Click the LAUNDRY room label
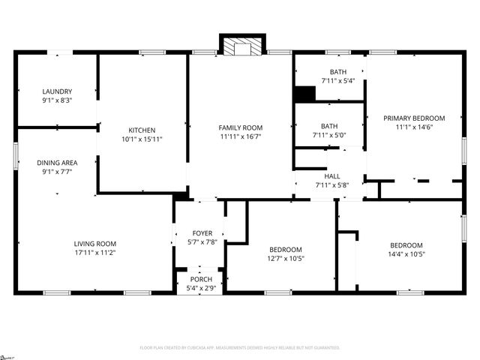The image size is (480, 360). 57,91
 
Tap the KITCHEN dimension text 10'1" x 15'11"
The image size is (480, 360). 142,139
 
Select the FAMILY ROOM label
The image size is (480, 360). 241,127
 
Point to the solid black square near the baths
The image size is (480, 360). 304,94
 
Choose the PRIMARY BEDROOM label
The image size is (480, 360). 414,118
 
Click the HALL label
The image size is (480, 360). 331,175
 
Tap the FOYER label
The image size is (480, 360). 202,232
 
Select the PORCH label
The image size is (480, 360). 200,279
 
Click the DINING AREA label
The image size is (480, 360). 57,162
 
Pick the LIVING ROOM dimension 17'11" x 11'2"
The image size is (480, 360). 94,253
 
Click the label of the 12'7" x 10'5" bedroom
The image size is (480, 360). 286,249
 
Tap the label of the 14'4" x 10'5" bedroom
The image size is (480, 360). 406,245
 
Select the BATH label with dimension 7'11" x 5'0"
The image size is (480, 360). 329,126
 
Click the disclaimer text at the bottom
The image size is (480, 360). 240,348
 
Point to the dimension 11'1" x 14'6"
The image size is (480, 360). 414,127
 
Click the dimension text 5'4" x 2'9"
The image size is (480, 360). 200,288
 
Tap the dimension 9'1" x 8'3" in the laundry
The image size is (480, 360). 57,100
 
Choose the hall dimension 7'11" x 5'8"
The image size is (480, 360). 331,184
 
